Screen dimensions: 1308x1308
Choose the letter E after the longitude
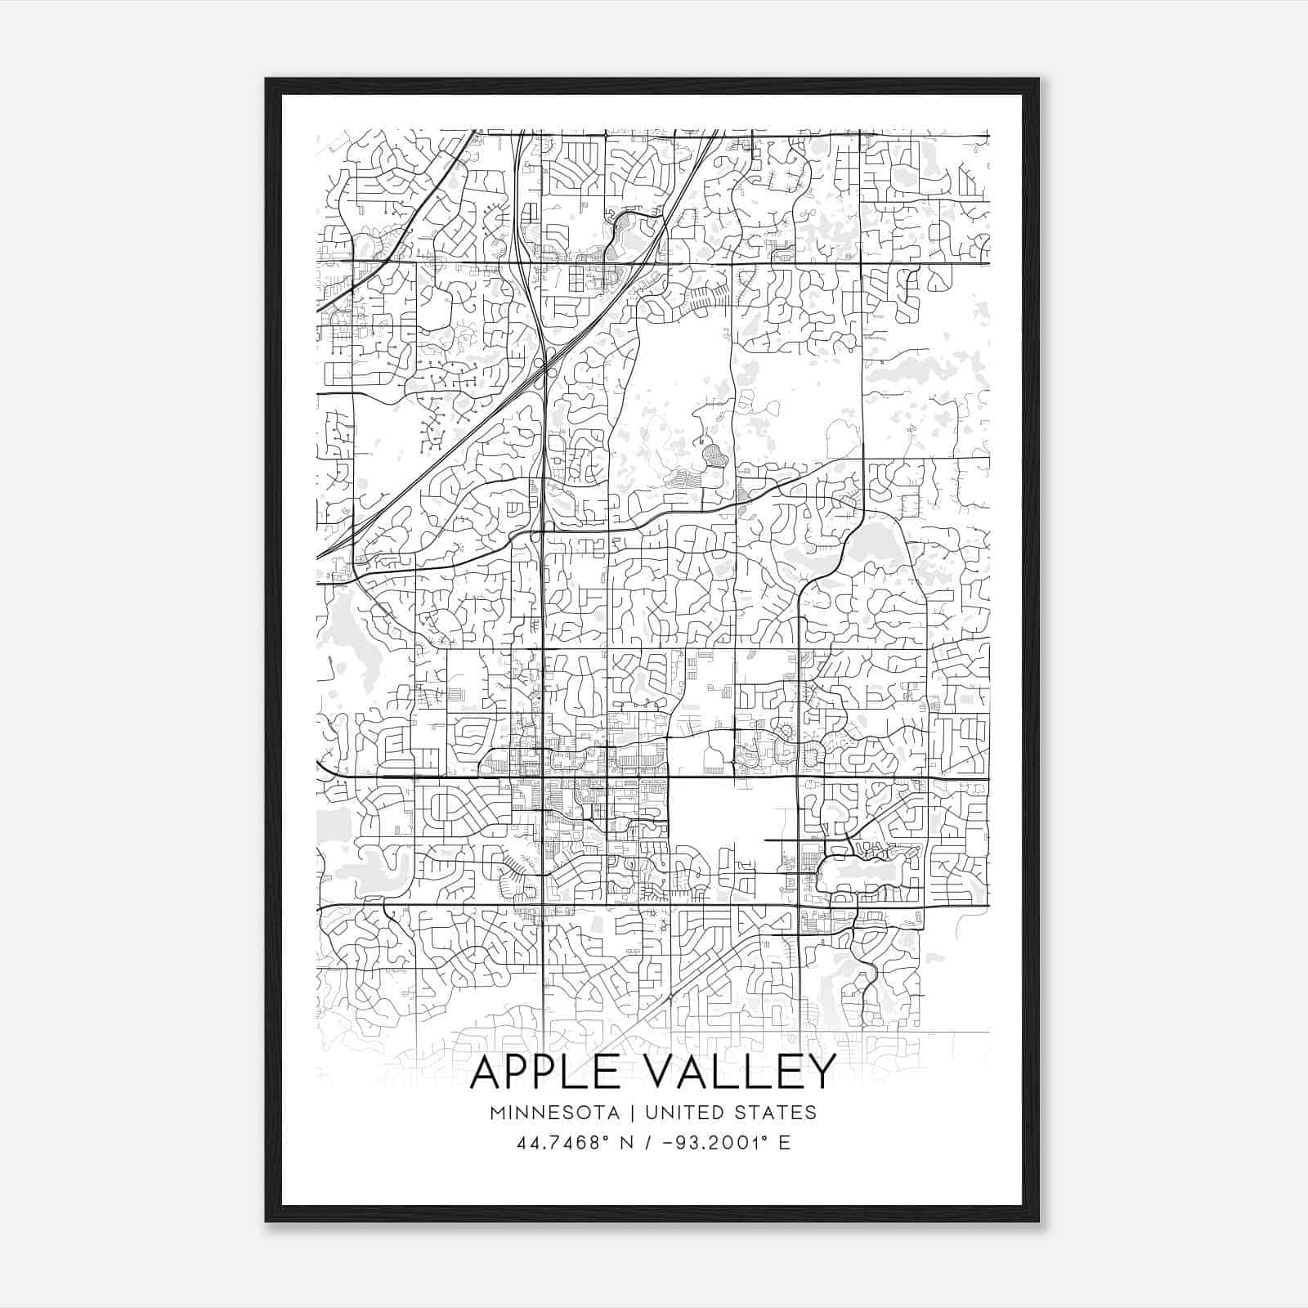click(x=784, y=1142)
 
